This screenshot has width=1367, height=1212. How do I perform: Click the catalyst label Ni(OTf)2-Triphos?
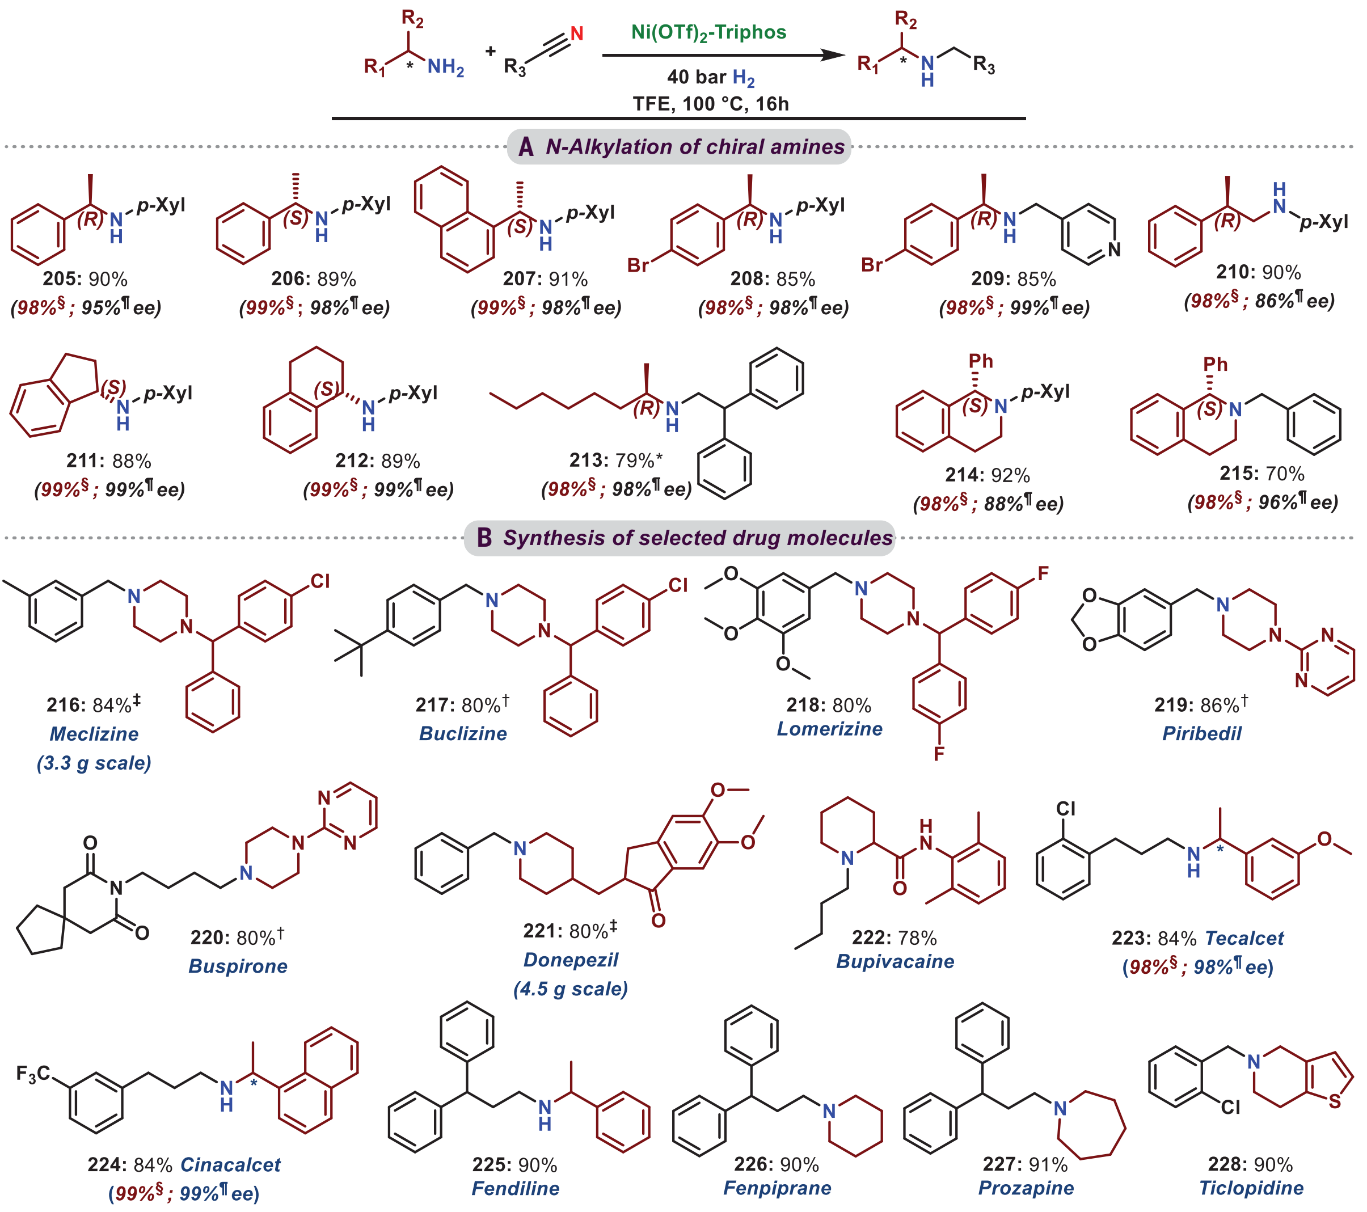pos(708,33)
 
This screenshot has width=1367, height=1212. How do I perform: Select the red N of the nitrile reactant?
pos(576,33)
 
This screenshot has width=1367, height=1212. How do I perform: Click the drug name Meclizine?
pos(94,734)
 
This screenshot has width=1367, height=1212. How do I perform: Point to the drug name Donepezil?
pos(571,960)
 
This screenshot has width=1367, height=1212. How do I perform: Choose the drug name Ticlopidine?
pos(1251,1188)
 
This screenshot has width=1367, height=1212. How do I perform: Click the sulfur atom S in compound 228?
pos(1335,1101)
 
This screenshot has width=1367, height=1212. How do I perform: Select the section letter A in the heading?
pos(526,147)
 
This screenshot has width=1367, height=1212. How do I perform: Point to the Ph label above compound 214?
pos(981,361)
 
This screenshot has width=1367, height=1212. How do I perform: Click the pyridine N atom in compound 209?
pos(1113,250)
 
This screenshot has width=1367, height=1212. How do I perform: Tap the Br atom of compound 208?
pos(638,265)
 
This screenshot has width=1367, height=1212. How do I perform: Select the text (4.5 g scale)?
pos(571,989)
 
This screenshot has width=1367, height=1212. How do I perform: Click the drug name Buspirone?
pos(238,966)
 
